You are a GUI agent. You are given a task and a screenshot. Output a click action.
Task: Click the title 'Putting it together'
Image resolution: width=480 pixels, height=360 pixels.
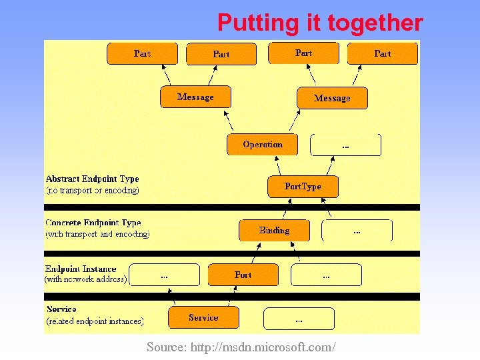tap(320, 23)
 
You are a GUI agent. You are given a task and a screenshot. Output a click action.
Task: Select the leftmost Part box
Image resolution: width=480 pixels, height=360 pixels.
tap(142, 53)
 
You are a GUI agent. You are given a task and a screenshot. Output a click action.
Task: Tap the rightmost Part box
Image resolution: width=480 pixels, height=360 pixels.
tap(383, 53)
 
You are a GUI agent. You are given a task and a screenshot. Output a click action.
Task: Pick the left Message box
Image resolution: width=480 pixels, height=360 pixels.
tap(195, 97)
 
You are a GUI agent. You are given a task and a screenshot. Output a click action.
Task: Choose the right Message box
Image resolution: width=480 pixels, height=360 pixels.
tap(332, 98)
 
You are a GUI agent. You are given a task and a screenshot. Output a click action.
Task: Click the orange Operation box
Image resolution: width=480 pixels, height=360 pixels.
tap(262, 145)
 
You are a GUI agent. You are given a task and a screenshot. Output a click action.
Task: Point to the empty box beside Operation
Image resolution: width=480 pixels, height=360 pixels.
tap(345, 145)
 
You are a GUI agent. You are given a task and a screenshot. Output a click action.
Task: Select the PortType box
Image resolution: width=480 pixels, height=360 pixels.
tap(303, 187)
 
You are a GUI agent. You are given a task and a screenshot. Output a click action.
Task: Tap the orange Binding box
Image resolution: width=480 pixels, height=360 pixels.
tap(274, 231)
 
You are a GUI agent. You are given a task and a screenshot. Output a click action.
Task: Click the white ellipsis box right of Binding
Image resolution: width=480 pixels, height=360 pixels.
tap(357, 231)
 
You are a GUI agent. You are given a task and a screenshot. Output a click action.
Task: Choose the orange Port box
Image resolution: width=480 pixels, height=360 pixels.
tap(243, 275)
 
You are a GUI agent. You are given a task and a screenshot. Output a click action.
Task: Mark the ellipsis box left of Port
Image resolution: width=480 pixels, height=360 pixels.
tap(164, 275)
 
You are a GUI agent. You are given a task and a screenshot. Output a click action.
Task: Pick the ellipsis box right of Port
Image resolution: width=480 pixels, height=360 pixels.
tap(326, 275)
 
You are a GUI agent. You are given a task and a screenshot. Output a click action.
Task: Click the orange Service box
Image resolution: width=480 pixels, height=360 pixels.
tap(203, 318)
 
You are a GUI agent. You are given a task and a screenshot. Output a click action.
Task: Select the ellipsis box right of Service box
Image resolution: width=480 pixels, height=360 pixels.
tap(299, 319)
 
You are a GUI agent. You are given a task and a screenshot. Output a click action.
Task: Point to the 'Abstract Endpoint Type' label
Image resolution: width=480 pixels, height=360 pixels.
tap(92, 179)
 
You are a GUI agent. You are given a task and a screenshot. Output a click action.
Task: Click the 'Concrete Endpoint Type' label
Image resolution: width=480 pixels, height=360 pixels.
tap(93, 223)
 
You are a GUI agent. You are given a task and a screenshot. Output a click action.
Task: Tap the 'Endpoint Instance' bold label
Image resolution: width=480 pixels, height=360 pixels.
tap(81, 269)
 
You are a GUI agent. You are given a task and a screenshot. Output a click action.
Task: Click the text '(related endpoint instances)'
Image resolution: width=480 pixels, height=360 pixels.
tap(95, 321)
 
